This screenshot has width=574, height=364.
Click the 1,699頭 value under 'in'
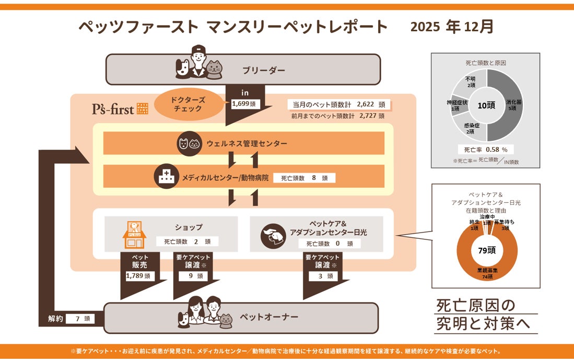coord(245,104)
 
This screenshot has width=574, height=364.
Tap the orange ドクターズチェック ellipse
coord(189,104)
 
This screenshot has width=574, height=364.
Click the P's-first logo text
coord(112,109)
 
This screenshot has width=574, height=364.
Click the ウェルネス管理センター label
coord(247,143)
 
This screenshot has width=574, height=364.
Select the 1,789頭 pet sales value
coord(140,276)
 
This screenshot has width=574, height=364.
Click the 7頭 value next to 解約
coord(80,318)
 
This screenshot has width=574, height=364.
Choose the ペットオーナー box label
coord(268,317)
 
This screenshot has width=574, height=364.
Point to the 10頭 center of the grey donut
coord(486,105)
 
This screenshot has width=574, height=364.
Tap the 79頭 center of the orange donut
coord(486,250)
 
